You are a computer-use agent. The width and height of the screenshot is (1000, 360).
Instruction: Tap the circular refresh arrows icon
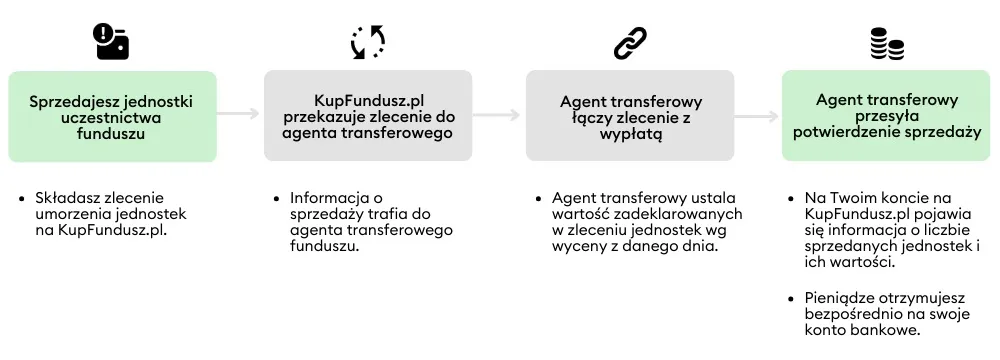pos(367,42)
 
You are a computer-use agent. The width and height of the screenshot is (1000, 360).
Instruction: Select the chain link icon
pos(630,42)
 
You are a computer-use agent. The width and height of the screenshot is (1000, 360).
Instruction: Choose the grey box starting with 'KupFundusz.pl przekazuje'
pos(368,116)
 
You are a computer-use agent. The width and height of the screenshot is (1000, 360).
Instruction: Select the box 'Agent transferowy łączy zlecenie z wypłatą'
pos(630,116)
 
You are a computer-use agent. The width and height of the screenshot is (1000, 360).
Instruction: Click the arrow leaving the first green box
pos(239,114)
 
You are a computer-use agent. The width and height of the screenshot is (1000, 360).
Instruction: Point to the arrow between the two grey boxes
pos(498,114)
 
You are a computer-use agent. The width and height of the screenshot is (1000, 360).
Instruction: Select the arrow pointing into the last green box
pos(757,114)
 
